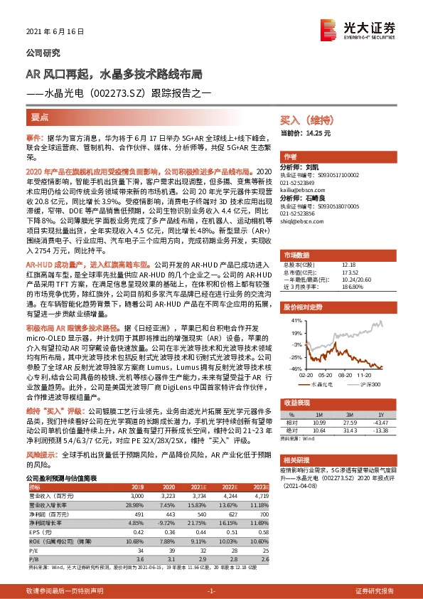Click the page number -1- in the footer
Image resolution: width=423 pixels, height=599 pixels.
tap(211, 591)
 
